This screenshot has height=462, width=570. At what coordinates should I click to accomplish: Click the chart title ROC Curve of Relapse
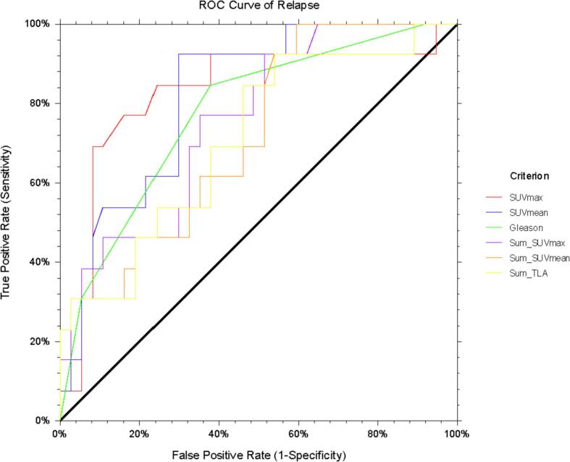tap(259, 7)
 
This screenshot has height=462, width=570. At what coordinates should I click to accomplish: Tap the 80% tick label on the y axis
tap(40, 103)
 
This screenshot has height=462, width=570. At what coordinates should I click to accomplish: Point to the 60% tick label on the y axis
tap(40, 182)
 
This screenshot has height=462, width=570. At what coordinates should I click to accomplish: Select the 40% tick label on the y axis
tap(40, 261)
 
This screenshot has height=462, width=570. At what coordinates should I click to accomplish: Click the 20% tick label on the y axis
tap(40, 341)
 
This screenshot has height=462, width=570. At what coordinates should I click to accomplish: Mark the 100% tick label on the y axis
tap(38, 24)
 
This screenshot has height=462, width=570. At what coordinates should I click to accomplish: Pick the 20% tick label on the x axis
tap(139, 434)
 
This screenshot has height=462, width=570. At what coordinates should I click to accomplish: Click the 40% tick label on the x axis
tap(219, 434)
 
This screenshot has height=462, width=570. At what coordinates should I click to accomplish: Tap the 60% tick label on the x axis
tap(298, 434)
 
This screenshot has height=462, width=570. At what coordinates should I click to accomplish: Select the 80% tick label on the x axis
tap(377, 434)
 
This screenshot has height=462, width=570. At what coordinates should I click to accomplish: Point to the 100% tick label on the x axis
tap(456, 434)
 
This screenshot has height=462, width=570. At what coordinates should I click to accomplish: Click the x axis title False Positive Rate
tap(259, 455)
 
